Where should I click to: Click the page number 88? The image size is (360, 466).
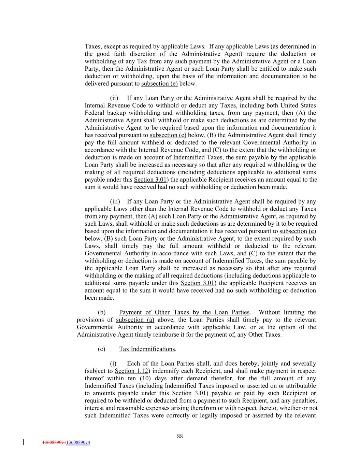(x=180, y=436)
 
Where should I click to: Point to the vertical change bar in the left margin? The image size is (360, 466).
(x=23, y=442)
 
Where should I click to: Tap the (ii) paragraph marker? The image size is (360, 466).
(x=114, y=98)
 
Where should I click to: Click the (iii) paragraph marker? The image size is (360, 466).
(x=114, y=201)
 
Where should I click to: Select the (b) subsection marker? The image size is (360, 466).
(x=102, y=312)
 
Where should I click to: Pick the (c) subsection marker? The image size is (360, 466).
(x=101, y=349)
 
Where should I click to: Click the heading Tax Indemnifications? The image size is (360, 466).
(x=147, y=349)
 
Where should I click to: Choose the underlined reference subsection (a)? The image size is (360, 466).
(x=135, y=320)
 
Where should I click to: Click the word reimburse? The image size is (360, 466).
(x=170, y=334)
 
